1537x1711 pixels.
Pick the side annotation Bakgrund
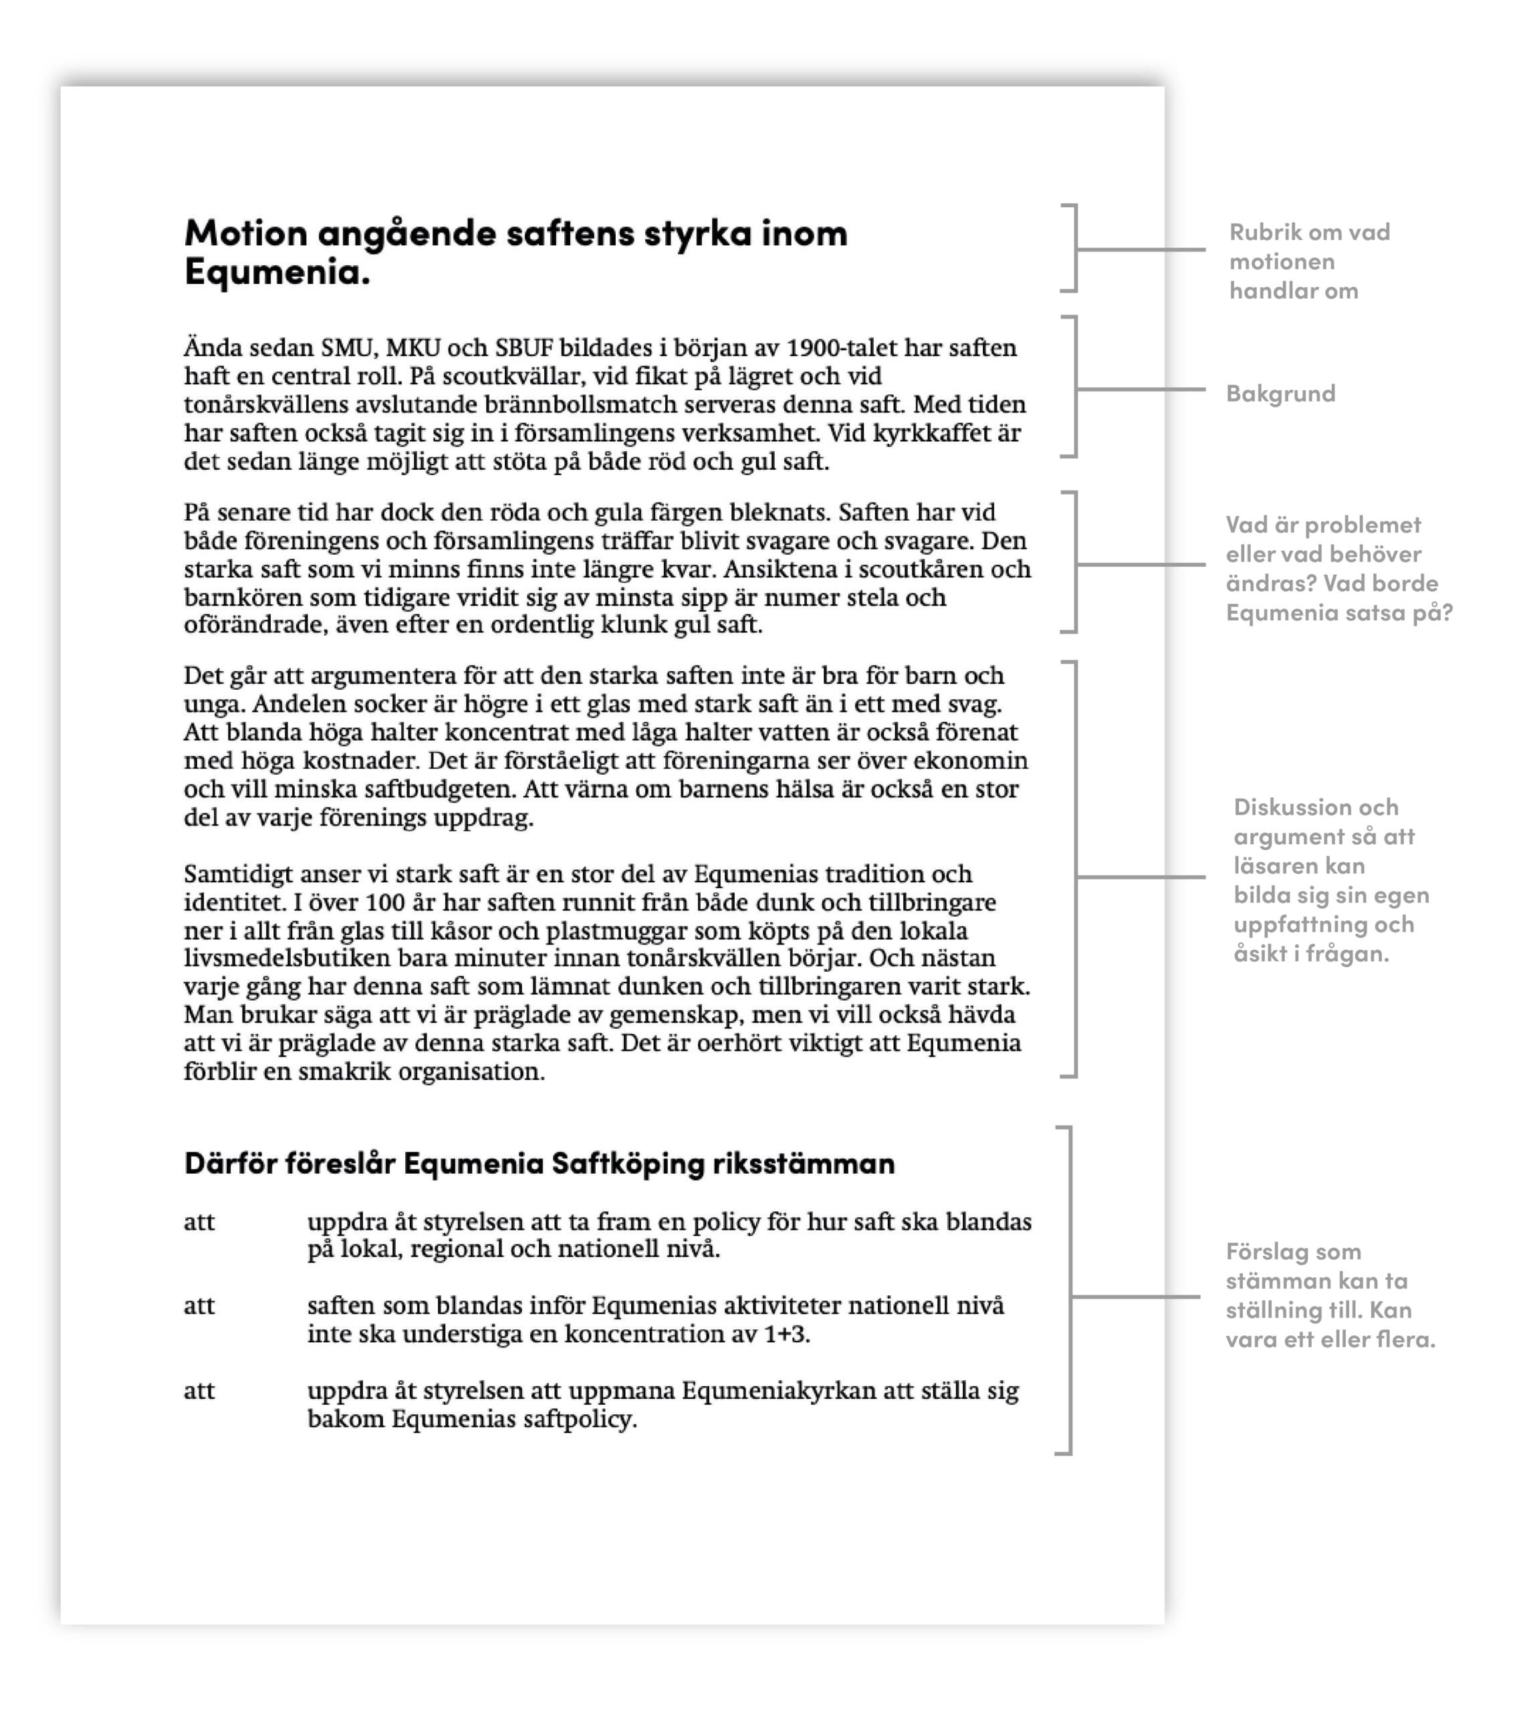pyautogui.click(x=1280, y=394)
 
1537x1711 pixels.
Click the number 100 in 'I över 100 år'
pyautogui.click(x=386, y=902)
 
